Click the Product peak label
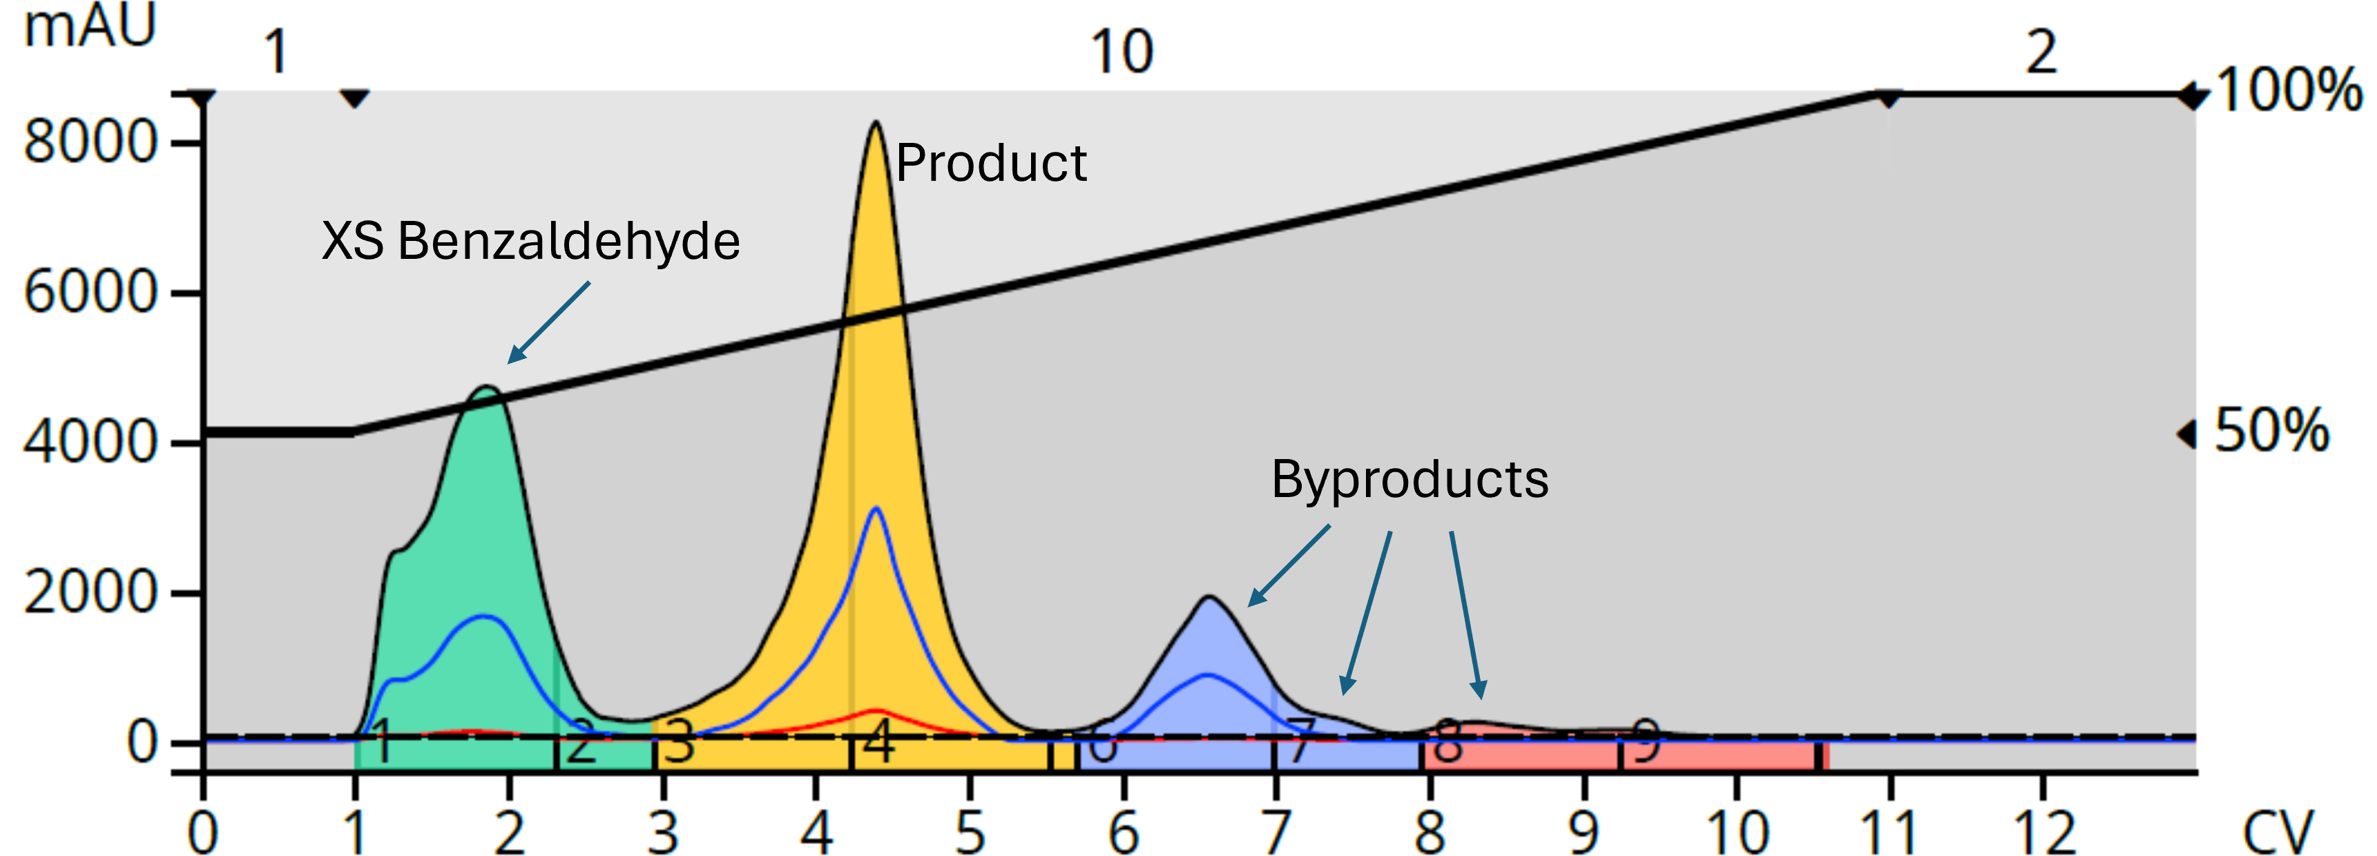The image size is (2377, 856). (x=991, y=164)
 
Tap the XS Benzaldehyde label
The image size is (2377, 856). (x=530, y=242)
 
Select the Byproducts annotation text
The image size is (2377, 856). (x=1409, y=480)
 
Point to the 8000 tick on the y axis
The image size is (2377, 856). (x=90, y=143)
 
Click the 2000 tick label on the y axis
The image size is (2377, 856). (x=90, y=592)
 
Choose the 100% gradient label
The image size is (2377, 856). (x=2287, y=91)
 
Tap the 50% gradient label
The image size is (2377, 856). (x=2271, y=431)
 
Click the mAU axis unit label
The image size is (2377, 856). (x=90, y=26)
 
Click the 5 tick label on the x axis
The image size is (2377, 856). (x=970, y=832)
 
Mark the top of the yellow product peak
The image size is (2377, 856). (x=875, y=123)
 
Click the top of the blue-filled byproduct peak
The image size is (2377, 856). (x=1209, y=598)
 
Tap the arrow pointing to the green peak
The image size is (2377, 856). (x=548, y=323)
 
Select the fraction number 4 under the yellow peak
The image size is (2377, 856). (x=878, y=741)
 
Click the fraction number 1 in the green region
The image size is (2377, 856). (x=381, y=741)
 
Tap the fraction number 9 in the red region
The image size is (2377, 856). (x=1645, y=741)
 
